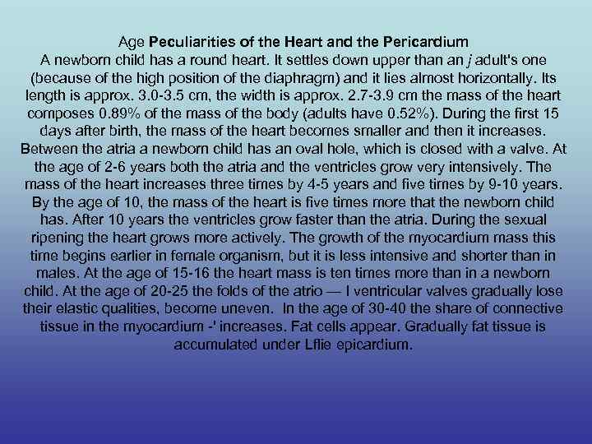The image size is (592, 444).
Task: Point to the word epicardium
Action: [368, 345]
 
